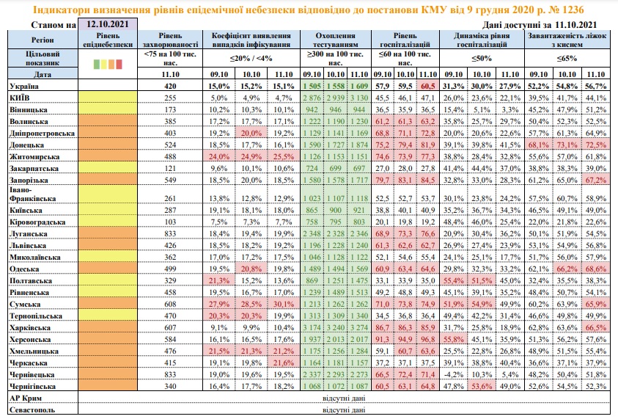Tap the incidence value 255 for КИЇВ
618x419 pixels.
point(172,98)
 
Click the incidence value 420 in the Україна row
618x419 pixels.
point(172,86)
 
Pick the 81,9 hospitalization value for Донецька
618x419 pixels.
point(427,145)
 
